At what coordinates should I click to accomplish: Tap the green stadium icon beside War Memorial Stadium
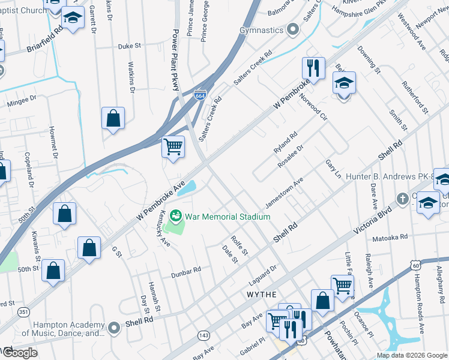pos(176,214)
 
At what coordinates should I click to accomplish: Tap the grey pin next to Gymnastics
pos(292,29)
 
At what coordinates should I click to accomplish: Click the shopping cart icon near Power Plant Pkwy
pos(173,146)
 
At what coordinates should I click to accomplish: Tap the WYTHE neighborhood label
pos(262,295)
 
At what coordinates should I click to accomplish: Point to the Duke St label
pos(129,46)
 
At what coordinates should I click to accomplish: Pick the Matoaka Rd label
pos(390,238)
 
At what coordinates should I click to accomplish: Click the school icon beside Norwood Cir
pos(344,82)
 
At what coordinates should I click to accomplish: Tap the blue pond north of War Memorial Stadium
pos(188,188)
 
